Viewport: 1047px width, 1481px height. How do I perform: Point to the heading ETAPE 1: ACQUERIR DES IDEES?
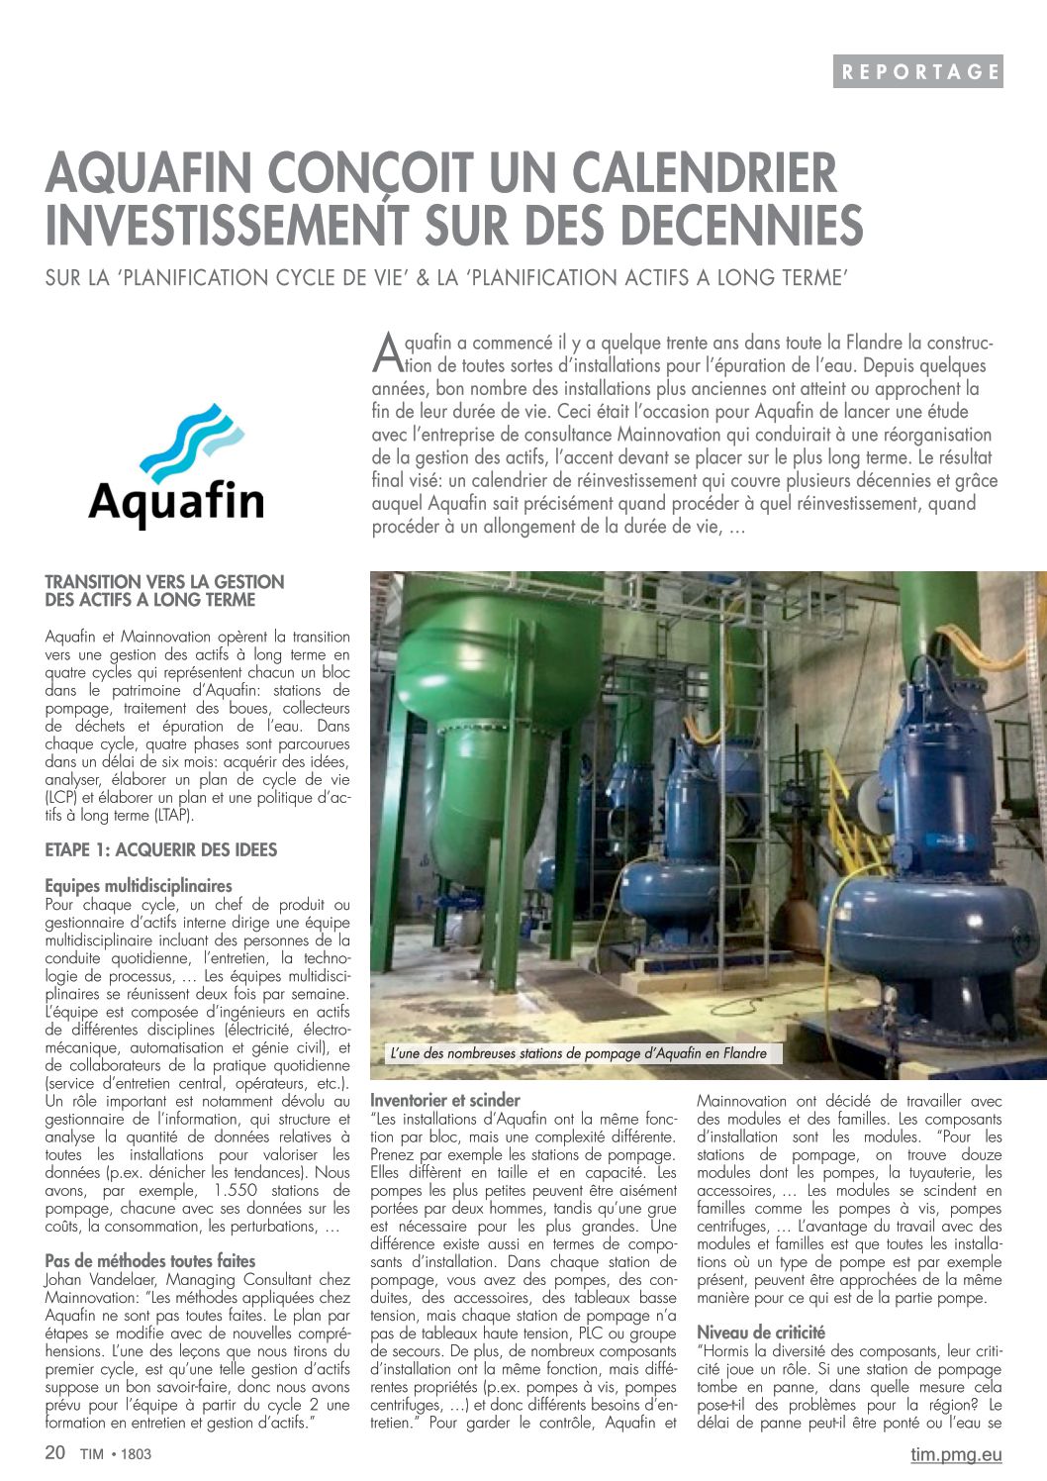click(160, 849)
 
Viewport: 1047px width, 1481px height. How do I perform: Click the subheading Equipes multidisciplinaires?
click(139, 886)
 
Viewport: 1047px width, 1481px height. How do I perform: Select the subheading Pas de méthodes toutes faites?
click(149, 1261)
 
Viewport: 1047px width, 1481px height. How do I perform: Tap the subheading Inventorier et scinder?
click(444, 1100)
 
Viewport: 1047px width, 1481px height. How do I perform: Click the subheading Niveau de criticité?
click(760, 1333)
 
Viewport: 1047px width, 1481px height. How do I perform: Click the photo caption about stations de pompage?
click(578, 1053)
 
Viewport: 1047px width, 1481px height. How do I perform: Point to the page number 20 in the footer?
click(55, 1453)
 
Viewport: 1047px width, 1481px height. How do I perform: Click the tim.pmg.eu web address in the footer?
click(955, 1454)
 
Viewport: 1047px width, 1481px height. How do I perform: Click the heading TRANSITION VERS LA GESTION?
click(164, 582)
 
